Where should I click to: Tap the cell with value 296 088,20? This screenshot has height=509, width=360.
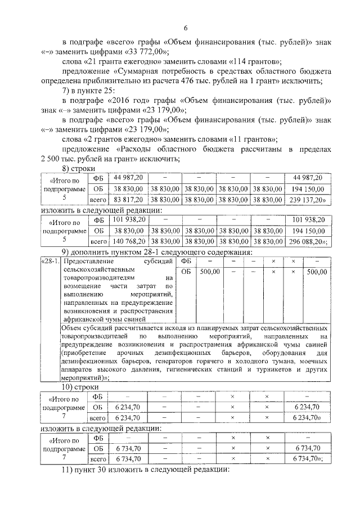[x=308, y=241]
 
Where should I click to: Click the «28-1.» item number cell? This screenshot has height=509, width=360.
[x=49, y=262]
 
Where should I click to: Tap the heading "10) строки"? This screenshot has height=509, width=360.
[x=80, y=388]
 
